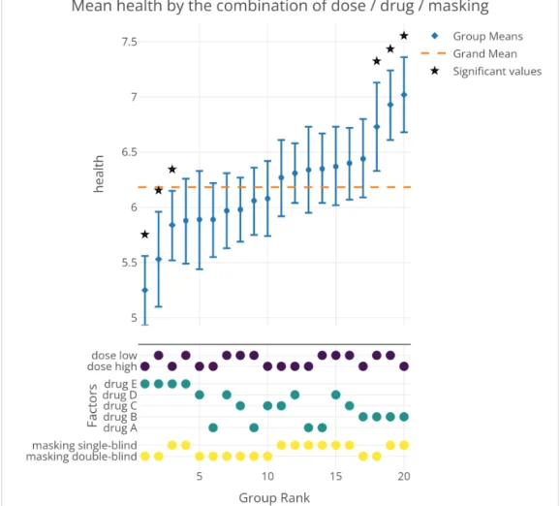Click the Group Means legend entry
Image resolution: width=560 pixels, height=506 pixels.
click(487, 37)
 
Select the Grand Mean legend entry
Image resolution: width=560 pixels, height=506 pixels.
click(484, 54)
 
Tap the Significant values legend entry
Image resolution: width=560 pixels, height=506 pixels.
click(497, 72)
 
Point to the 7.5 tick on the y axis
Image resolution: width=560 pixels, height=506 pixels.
click(129, 42)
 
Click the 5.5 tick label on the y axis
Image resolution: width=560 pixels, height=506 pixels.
click(129, 263)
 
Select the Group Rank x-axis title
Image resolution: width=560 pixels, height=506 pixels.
click(274, 497)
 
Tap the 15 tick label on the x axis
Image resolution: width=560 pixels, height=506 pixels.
click(335, 477)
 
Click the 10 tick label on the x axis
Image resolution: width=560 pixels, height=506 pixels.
click(267, 477)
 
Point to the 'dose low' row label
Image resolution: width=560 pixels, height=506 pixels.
click(113, 356)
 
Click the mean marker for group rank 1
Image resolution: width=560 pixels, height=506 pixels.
click(144, 290)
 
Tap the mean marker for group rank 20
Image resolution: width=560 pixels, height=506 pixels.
click(404, 95)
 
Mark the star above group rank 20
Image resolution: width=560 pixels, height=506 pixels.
click(404, 36)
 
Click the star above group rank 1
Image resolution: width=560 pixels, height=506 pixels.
click(144, 235)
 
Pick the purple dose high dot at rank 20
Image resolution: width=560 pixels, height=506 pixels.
click(404, 366)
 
